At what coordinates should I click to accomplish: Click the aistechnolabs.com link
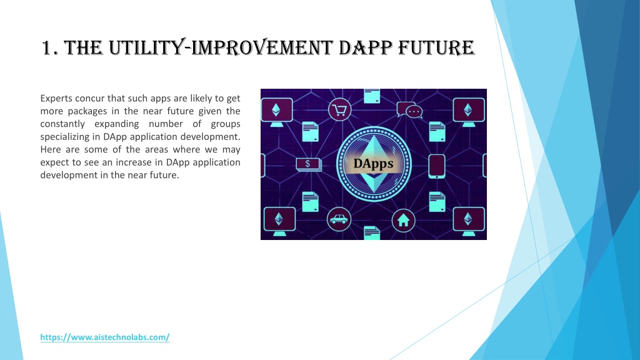(105, 337)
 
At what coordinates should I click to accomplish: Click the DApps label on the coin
(374, 164)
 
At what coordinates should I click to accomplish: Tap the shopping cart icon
(339, 109)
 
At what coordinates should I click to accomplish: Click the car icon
(339, 219)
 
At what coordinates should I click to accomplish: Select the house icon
(403, 221)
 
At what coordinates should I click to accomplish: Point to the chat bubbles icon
(409, 110)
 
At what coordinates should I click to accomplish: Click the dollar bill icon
(309, 164)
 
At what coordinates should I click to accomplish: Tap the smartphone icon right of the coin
(437, 166)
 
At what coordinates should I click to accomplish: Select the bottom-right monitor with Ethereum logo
(469, 221)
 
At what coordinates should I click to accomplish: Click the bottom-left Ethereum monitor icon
(279, 221)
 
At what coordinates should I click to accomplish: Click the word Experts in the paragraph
(56, 98)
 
